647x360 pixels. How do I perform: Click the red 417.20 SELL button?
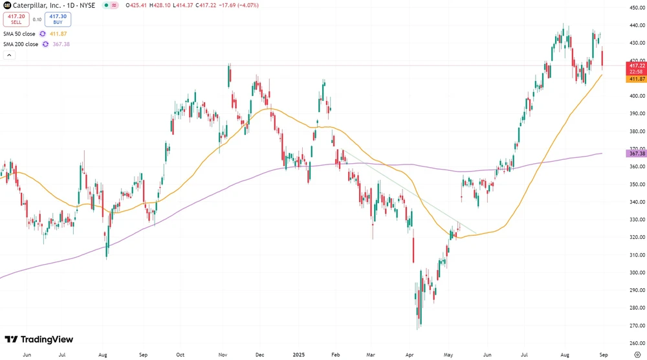(16, 19)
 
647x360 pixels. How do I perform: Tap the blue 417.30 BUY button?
(58, 19)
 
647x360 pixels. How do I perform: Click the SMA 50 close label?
(19, 34)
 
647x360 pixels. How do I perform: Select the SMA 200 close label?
(20, 44)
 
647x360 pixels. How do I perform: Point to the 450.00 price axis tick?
(637, 8)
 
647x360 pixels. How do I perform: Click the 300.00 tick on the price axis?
(637, 273)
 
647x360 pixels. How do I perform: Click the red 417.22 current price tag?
(636, 65)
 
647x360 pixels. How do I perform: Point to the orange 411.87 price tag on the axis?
(636, 79)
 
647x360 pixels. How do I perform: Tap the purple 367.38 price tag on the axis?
(636, 153)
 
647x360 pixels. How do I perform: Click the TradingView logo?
(39, 339)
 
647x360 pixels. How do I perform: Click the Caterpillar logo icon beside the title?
(8, 5)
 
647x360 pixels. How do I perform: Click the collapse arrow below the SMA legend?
(9, 56)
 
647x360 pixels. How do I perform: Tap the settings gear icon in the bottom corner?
(637, 354)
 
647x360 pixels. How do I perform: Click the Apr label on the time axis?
(408, 355)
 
